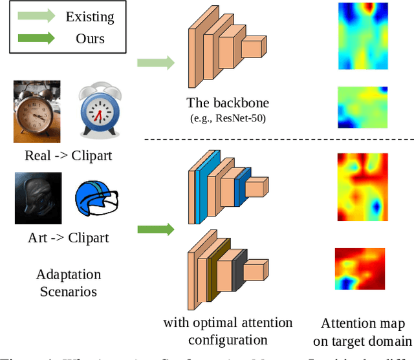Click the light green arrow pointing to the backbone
click(155, 63)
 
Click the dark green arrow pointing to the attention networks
click(155, 229)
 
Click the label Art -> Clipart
click(68, 238)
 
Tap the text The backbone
click(227, 102)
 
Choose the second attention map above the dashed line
click(363, 107)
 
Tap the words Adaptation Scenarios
click(68, 283)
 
